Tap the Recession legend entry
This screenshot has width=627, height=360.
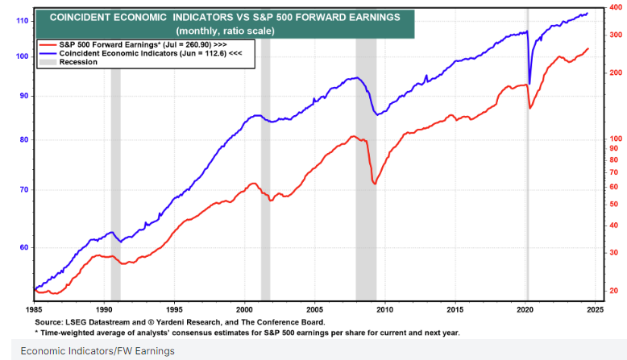pos(77,62)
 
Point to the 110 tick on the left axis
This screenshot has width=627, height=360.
pos(22,20)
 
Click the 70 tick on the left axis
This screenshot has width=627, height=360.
pos(23,190)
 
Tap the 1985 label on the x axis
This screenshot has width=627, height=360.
pos(35,309)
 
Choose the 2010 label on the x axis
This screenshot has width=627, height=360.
pos(384,309)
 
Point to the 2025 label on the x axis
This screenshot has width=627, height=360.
pos(595,309)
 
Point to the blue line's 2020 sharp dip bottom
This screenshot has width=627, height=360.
pos(529,84)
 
